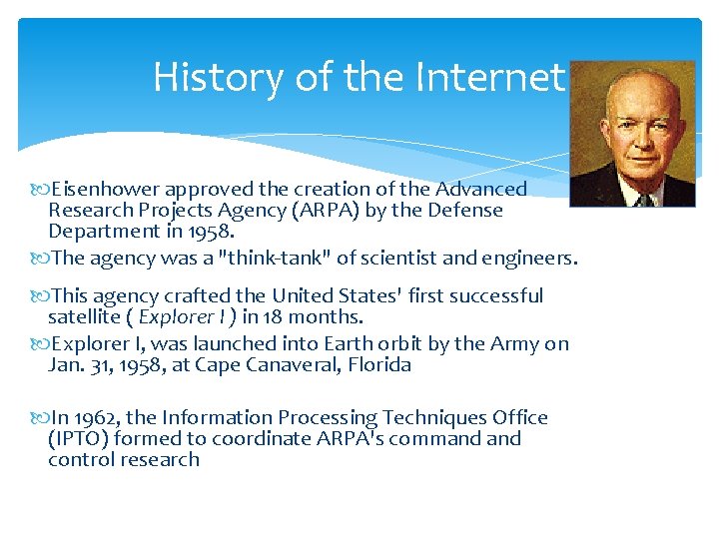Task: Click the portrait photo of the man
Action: pos(631,133)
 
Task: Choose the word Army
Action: pos(515,343)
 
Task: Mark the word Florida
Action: pos(376,365)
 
